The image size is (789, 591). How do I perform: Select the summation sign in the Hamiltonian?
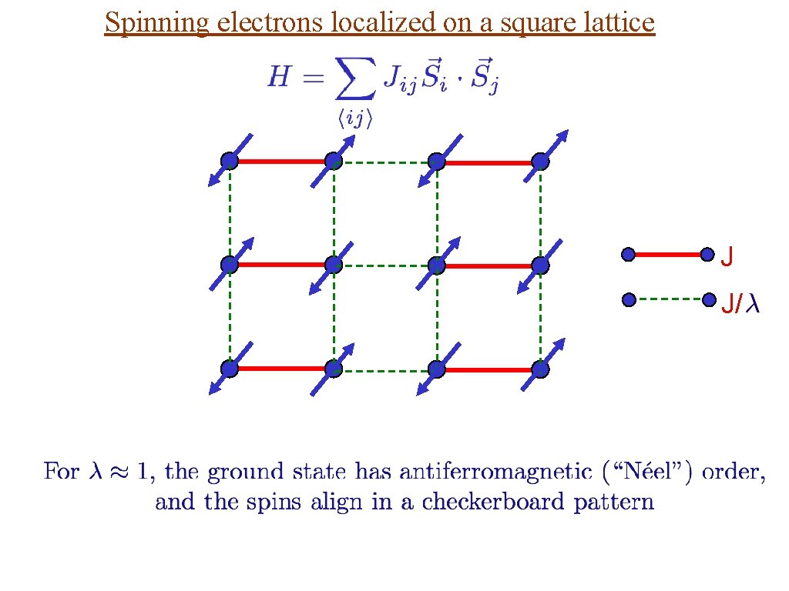354,80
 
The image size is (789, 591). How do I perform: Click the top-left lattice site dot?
230,161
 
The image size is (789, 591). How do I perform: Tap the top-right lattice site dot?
540,162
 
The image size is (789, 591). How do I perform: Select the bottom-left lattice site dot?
230,369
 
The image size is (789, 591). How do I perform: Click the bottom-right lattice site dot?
540,369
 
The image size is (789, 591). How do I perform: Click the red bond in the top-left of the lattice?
281,162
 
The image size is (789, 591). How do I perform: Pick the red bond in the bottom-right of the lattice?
489,369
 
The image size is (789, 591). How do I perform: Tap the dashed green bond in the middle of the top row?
385,162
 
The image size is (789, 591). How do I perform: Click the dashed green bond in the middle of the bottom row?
385,370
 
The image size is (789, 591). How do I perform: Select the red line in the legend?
668,253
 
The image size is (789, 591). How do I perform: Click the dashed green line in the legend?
668,298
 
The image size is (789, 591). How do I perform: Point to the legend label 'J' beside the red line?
727,257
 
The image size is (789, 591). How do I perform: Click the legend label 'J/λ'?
740,305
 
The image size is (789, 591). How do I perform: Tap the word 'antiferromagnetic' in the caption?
463,471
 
